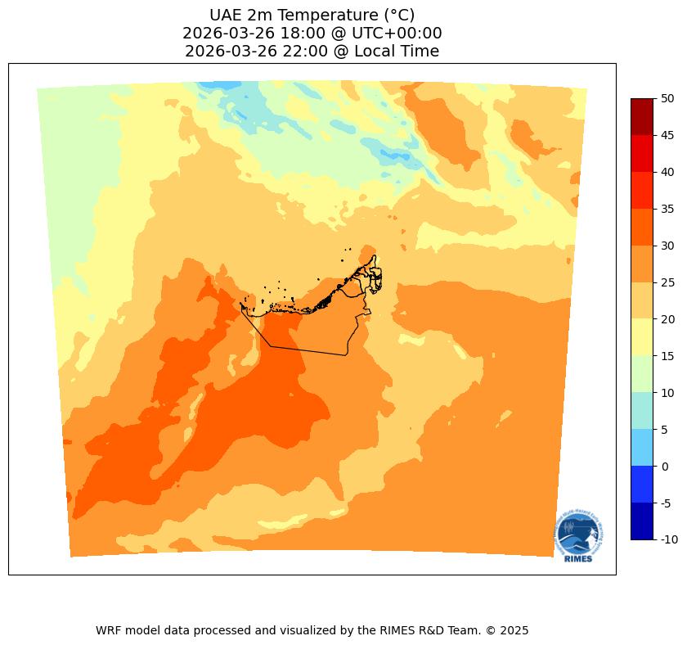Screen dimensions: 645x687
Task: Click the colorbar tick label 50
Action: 667,98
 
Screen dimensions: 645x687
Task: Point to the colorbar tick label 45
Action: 667,135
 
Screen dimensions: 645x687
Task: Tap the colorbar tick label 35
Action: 667,209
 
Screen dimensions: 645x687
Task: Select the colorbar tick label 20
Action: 667,319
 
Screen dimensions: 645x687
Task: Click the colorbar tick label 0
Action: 664,467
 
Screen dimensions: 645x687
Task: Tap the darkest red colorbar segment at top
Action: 642,116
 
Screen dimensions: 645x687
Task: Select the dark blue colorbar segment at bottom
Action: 642,521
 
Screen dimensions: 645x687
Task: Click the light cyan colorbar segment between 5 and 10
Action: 642,411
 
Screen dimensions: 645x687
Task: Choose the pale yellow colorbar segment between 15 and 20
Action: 642,337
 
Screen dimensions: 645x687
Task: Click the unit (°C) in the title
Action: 396,16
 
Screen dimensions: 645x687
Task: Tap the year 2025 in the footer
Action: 514,631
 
